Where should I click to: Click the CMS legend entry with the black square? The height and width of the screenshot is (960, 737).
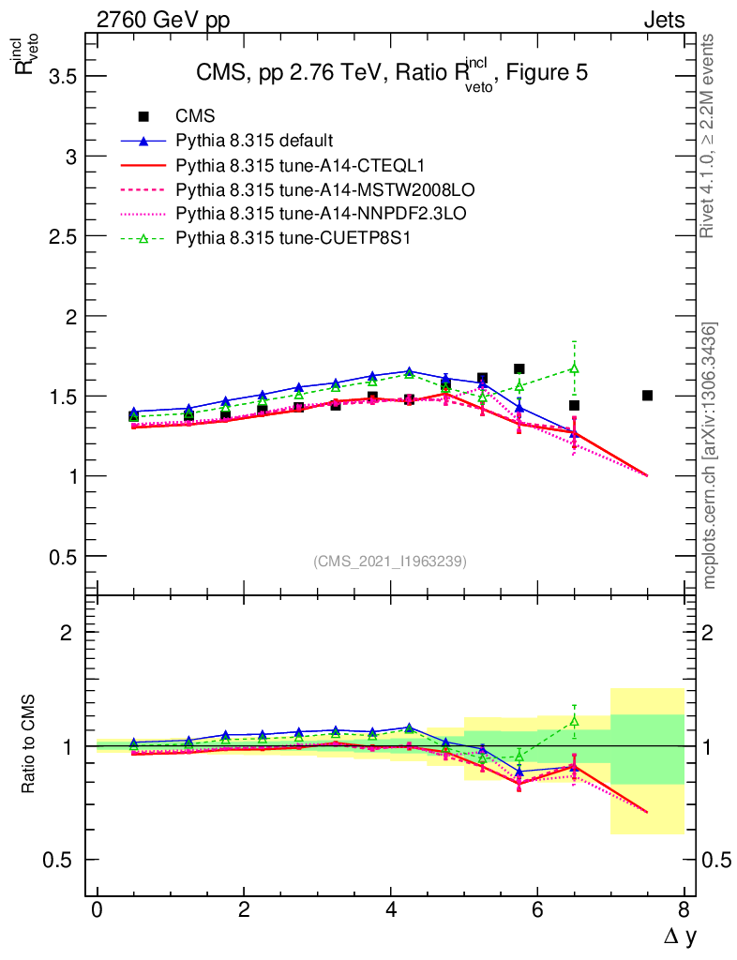(195, 116)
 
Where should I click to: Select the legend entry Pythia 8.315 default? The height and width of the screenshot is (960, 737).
(254, 141)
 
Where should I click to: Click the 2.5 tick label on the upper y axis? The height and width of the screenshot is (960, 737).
(62, 236)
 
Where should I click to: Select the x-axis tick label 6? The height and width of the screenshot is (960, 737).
(537, 911)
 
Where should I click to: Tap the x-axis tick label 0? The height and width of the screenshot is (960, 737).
(97, 911)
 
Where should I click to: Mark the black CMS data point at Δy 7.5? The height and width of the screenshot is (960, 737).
(647, 396)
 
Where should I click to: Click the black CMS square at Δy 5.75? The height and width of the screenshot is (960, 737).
(519, 369)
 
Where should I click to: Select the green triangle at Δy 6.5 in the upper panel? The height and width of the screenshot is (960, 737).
(574, 367)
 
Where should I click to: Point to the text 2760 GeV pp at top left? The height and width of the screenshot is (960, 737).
(162, 20)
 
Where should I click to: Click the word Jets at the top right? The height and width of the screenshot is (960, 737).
(663, 20)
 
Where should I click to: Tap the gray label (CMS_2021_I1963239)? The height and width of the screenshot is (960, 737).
(390, 561)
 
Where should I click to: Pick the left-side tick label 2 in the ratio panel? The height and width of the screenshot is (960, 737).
(66, 633)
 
